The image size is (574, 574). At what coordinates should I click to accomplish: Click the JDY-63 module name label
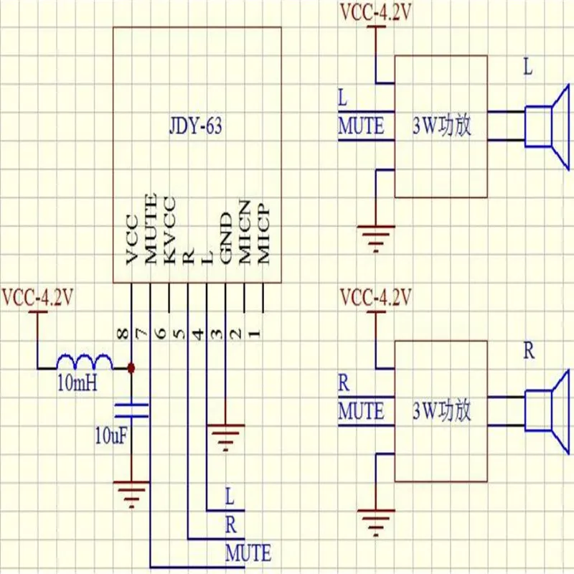196,128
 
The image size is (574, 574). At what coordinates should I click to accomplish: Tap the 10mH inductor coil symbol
85,361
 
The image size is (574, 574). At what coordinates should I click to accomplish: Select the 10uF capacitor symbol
131,410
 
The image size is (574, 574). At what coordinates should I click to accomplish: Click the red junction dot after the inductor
131,368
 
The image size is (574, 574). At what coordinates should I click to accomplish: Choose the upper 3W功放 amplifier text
441,127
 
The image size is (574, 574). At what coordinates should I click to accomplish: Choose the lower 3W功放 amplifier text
441,411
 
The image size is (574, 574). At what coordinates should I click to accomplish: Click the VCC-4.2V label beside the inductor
37,296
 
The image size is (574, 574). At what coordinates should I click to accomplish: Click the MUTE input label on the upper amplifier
361,126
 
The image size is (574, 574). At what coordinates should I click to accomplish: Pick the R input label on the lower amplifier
344,382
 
